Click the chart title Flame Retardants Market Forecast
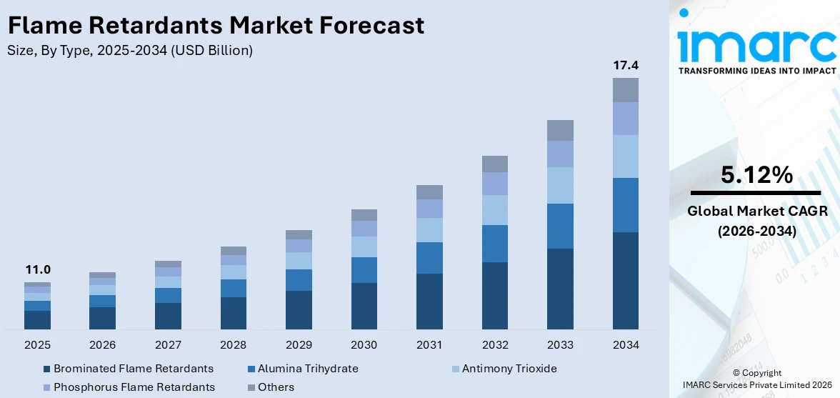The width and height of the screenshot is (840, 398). coord(216,26)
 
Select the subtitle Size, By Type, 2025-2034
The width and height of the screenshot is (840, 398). coord(129,51)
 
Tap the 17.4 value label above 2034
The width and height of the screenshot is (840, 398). coord(626,66)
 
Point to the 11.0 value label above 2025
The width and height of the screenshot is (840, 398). coord(37,270)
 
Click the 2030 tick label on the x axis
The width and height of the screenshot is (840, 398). coord(364,345)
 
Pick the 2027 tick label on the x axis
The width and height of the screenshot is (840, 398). coord(168,345)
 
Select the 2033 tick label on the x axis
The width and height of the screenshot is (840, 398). coord(560,345)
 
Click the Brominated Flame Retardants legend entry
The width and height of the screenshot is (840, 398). coord(133,369)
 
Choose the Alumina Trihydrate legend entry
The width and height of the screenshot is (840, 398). coord(308,369)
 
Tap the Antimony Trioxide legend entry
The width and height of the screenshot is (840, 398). coord(509,369)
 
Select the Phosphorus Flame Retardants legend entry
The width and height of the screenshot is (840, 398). coord(134,387)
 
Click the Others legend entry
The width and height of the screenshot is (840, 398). coord(276,387)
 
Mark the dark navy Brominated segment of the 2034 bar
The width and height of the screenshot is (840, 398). coord(626,280)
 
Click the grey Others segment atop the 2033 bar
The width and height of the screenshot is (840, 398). coord(560,130)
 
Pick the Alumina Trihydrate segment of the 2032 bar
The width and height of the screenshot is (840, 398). coord(495,244)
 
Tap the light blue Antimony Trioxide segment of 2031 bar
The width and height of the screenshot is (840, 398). coord(429,230)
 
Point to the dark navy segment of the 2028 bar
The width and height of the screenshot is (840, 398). coord(234,313)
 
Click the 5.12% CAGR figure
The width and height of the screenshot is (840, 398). coord(756,175)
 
